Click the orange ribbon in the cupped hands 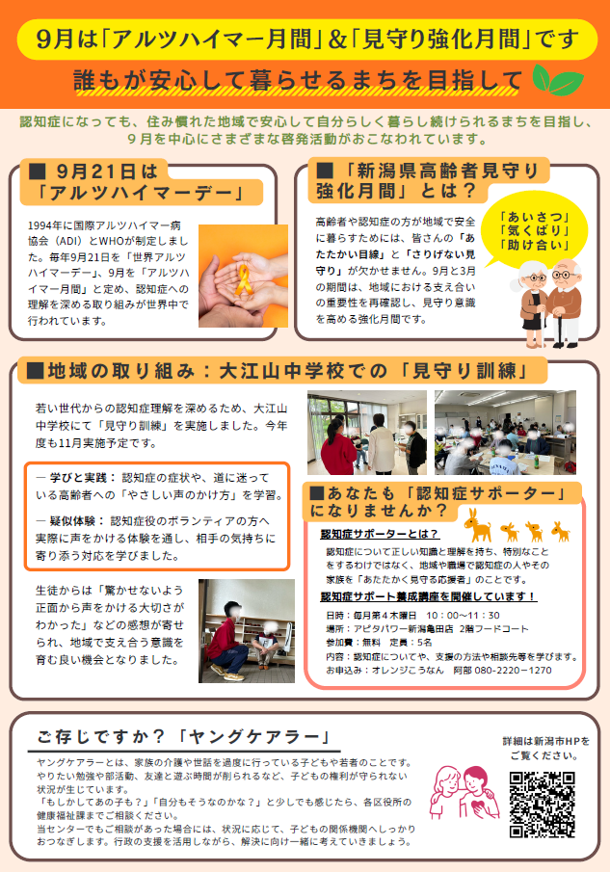pyautogui.click(x=244, y=279)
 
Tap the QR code pyautogui.click(x=543, y=805)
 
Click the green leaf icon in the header pyautogui.click(x=558, y=80)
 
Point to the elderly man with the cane pyautogui.click(x=565, y=304)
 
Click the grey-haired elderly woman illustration pyautogui.click(x=532, y=304)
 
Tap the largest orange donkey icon pyautogui.click(x=479, y=525)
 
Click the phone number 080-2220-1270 pyautogui.click(x=514, y=670)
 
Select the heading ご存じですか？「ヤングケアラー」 pyautogui.click(x=185, y=737)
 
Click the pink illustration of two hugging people pyautogui.click(x=464, y=792)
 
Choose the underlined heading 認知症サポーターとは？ pyautogui.click(x=380, y=534)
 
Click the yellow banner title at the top pyautogui.click(x=307, y=40)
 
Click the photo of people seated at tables pyautogui.click(x=506, y=432)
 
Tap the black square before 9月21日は pyautogui.click(x=37, y=172)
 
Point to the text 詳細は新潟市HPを pyautogui.click(x=546, y=741)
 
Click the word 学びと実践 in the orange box pyautogui.click(x=82, y=478)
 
